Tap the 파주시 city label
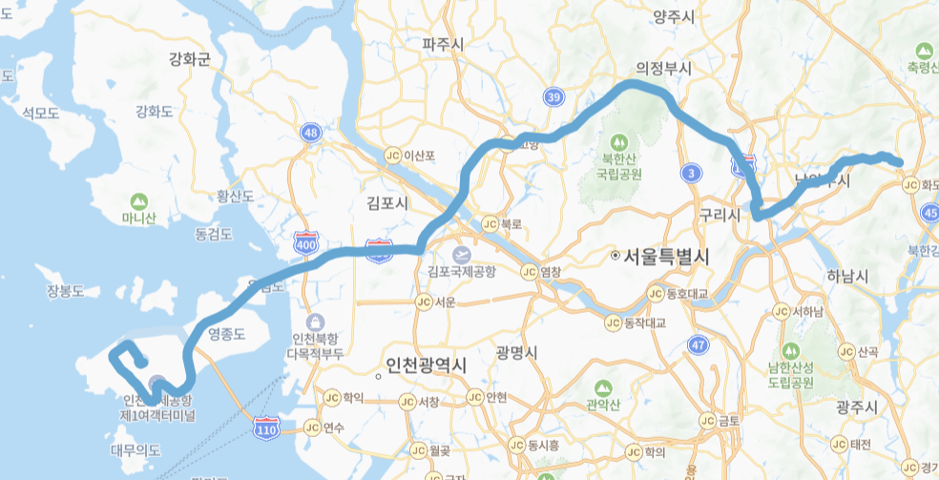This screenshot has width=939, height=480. [443, 44]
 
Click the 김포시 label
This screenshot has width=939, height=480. [387, 203]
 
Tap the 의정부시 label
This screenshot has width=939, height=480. [664, 69]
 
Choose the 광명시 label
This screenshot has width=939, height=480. [518, 352]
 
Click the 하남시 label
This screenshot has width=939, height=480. [847, 277]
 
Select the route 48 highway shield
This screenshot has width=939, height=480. [309, 133]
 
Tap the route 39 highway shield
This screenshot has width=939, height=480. [553, 96]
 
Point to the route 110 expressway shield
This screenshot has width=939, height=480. [266, 430]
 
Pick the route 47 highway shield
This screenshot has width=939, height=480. [699, 344]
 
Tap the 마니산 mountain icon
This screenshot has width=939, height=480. [139, 201]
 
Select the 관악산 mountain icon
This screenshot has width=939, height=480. [603, 387]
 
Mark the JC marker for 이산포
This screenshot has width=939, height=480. [392, 155]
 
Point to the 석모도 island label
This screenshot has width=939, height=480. [41, 114]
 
